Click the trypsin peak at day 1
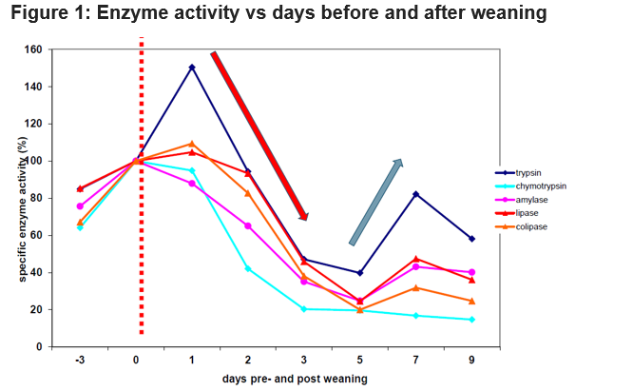coord(192,67)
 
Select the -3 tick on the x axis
coord(81,361)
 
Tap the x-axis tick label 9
coord(471,361)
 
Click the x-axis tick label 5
coord(360,361)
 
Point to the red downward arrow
coord(259,134)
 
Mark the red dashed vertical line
coord(141,190)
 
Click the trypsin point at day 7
coord(415,194)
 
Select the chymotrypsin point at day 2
coord(248,268)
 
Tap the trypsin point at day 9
coord(471,239)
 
